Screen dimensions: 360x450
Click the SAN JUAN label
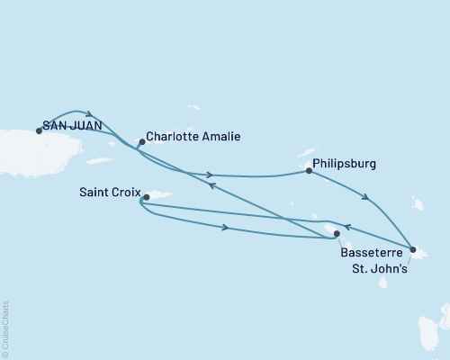(73, 128)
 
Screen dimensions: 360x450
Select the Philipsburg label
(345, 165)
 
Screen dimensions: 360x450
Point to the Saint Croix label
(108, 191)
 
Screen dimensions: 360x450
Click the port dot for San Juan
(38, 130)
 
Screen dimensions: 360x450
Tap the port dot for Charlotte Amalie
(142, 141)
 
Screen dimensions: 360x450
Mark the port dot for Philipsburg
(309, 169)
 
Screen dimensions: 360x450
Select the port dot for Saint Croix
(142, 202)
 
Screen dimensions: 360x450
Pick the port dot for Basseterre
(337, 234)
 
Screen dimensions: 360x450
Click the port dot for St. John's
(411, 249)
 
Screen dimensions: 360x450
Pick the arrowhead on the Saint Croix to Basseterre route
(225, 229)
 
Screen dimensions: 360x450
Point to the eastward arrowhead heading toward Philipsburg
(209, 175)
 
